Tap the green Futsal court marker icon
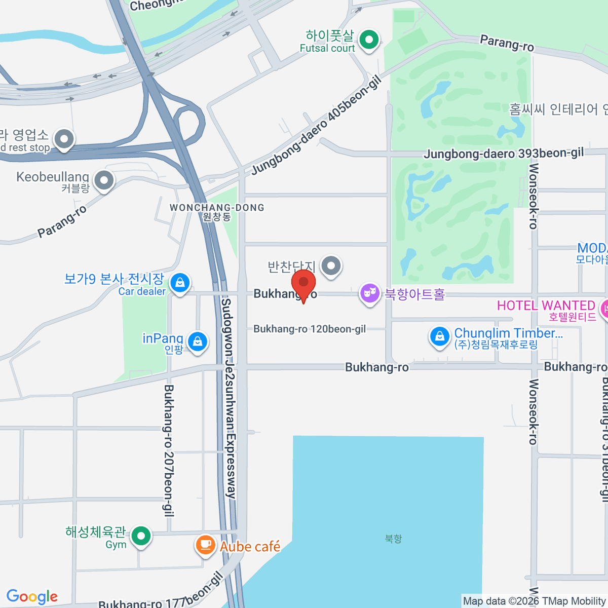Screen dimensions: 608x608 pos(369,40)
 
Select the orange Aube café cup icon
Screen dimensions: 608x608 pos(205,545)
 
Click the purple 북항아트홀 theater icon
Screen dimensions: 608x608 pos(370,293)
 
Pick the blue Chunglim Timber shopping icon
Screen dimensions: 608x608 pos(439,336)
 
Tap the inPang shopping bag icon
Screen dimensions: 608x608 pos(197,341)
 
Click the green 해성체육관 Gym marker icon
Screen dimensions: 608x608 pos(141,536)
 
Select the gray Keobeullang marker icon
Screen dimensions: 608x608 pos(104,180)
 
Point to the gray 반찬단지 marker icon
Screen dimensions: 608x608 pos(331,265)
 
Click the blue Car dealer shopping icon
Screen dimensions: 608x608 pos(180,283)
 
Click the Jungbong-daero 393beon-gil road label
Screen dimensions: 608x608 pos(504,153)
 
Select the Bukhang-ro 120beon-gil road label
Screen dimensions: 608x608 pos(310,329)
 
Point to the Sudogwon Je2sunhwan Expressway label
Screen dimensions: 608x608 pos(229,398)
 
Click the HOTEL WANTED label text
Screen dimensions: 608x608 pos(546,306)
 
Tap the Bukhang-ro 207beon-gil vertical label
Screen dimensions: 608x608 pos(169,450)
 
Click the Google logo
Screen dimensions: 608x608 pos(32,597)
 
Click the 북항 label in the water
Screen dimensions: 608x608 pos(393,539)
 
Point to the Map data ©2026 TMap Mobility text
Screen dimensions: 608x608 pos(534,601)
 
